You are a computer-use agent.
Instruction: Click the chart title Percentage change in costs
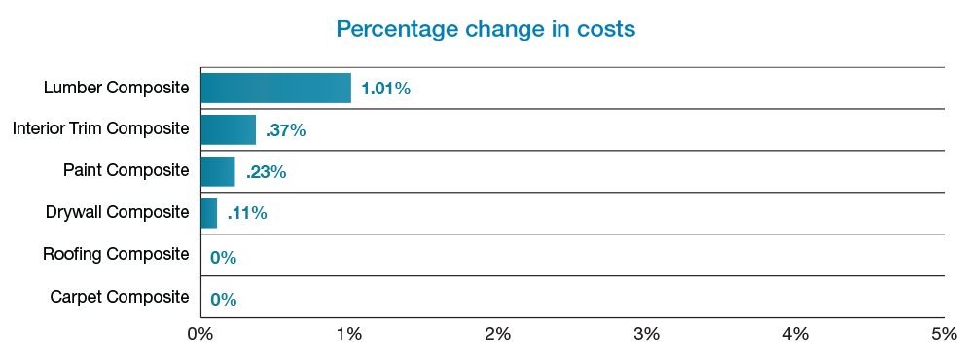coord(486,29)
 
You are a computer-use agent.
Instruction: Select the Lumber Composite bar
coord(275,88)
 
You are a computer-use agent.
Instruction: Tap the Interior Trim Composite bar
coord(228,129)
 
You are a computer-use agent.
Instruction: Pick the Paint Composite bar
coord(218,171)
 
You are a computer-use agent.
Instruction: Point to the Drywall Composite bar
coord(208,213)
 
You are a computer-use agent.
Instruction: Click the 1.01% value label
coord(385,89)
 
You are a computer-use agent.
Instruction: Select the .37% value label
coord(285,130)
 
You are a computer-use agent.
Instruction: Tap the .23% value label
coord(266,172)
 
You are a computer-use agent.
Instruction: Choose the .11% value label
coord(246,214)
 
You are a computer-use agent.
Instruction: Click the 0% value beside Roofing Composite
coord(223,257)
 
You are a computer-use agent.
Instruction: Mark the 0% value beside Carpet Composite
coord(223,299)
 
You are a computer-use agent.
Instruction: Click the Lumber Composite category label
coord(117,88)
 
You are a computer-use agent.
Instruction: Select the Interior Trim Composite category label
coord(101,128)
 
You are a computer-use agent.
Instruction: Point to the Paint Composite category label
coord(126,170)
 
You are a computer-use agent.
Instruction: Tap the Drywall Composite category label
coord(117,212)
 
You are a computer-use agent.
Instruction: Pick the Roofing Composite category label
coord(116,254)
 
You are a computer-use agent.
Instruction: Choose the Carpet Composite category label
coord(120,296)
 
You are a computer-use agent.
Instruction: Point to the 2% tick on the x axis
coord(498,334)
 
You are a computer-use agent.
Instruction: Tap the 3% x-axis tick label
coord(647,334)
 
